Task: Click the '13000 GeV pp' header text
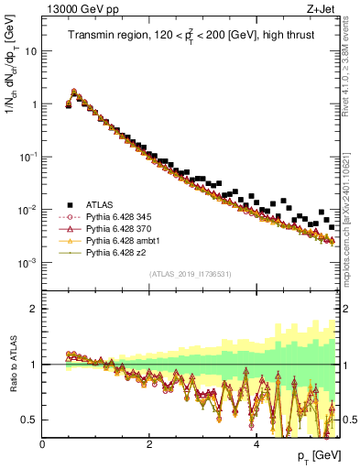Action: (79, 9)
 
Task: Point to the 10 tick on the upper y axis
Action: (32, 51)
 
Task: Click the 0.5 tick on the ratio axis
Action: (30, 420)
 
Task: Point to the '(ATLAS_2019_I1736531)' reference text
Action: (190, 274)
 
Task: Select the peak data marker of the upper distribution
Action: (73, 92)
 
